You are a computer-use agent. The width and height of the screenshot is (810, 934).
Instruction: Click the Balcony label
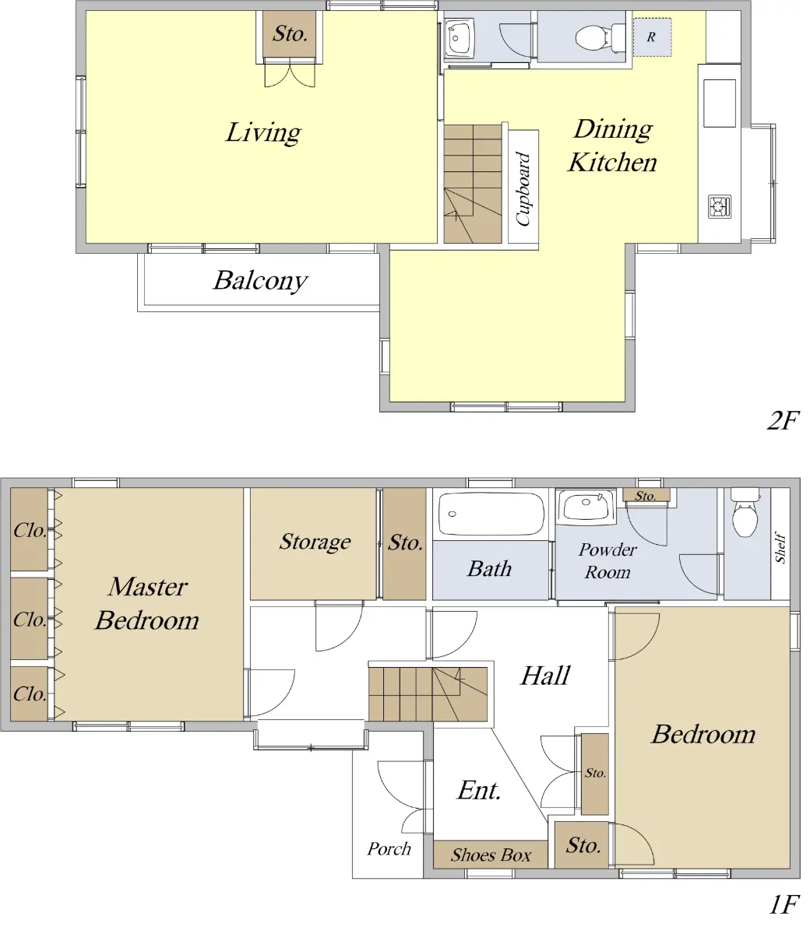point(260,281)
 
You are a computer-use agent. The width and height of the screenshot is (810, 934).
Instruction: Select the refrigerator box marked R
point(652,37)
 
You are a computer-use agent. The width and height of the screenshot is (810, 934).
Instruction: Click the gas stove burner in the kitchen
point(720,207)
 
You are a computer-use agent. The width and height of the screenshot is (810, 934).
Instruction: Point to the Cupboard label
point(523,189)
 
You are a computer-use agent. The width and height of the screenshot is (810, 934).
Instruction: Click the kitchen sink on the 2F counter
point(719,104)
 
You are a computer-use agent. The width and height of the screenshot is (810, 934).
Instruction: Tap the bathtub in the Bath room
point(491,514)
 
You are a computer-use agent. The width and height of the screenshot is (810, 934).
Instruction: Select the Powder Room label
point(607,560)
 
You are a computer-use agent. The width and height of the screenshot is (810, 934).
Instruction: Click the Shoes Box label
point(491,855)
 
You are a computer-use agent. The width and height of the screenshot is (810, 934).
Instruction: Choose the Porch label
point(389,848)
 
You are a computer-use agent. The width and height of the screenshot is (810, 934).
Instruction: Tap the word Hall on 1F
point(545,676)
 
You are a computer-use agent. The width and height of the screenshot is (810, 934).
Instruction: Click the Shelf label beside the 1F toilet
point(780,547)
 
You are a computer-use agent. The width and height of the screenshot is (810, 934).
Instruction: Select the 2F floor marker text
point(783,420)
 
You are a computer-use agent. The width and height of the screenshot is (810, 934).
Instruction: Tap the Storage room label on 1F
point(315,542)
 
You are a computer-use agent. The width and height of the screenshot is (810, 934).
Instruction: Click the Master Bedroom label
point(147,604)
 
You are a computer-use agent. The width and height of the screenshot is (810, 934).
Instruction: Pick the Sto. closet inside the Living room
point(290,34)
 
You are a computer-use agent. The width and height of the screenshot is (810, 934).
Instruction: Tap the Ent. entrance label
point(479,791)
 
